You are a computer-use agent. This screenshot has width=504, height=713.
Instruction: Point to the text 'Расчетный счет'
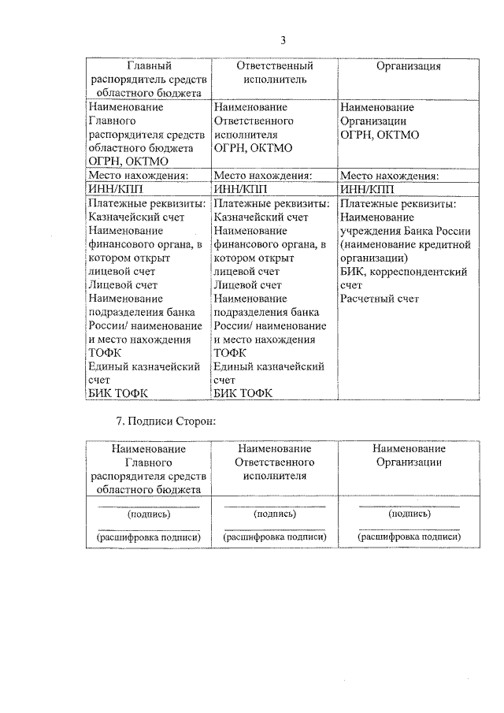(x=380, y=299)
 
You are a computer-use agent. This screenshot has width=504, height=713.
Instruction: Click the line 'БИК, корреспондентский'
(x=403, y=272)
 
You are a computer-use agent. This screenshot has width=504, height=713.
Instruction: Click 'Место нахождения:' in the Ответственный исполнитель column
(x=264, y=176)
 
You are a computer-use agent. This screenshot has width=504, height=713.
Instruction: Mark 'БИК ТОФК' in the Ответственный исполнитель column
(x=243, y=394)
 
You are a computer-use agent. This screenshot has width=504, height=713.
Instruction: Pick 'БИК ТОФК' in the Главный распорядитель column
(x=119, y=394)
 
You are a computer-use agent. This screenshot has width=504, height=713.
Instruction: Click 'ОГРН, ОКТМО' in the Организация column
(x=380, y=135)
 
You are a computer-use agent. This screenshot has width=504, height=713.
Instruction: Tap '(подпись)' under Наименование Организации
(x=409, y=514)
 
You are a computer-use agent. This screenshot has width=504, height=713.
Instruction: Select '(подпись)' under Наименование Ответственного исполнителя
(x=275, y=514)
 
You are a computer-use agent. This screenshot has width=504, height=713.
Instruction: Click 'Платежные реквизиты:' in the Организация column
(x=398, y=203)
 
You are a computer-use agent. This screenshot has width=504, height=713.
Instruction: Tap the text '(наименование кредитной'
(x=406, y=244)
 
